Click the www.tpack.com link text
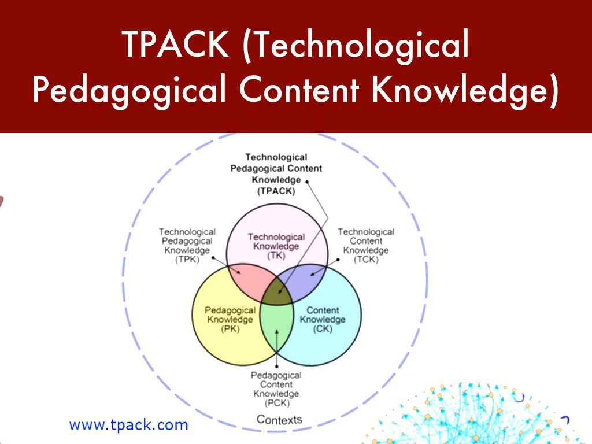(129, 425)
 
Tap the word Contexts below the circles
(279, 420)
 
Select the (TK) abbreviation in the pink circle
(276, 256)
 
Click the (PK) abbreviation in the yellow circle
(230, 329)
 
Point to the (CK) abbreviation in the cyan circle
(323, 329)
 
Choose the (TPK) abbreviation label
(187, 260)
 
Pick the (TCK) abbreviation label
(366, 260)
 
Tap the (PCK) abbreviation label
(277, 403)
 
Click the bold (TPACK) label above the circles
(276, 191)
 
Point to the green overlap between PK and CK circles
(277, 327)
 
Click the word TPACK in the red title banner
(176, 45)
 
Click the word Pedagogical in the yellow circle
(230, 310)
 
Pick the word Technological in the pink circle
(276, 237)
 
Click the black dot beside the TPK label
(213, 258)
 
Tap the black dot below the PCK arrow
(277, 366)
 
